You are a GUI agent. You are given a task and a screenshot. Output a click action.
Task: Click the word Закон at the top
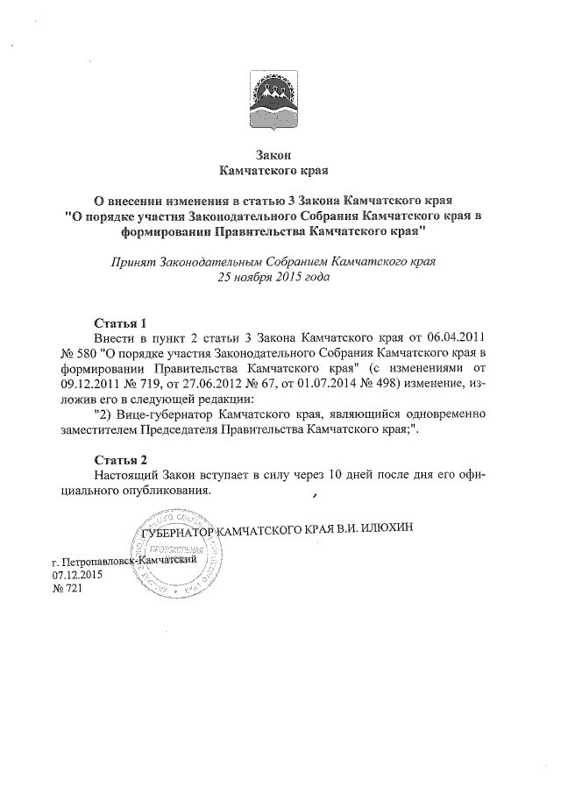click(280, 152)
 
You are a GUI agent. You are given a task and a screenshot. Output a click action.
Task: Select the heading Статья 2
click(119, 458)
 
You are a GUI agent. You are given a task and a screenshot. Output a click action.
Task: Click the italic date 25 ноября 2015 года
click(280, 277)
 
